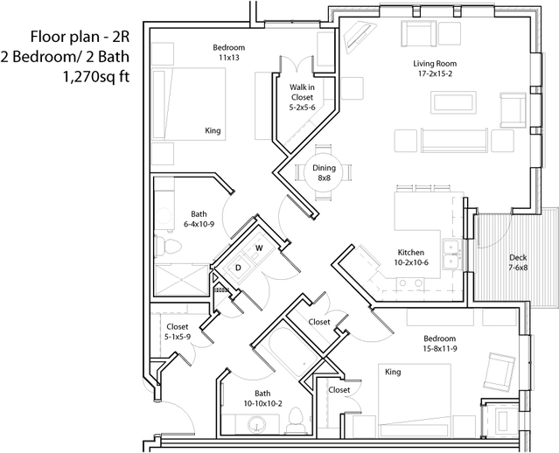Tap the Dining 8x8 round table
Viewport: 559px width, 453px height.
(x=324, y=172)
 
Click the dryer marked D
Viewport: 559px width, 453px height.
(x=238, y=268)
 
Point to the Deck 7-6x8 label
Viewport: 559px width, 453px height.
(x=518, y=262)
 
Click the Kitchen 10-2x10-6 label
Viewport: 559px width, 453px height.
(x=411, y=257)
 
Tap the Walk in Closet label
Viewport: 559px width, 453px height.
(x=302, y=97)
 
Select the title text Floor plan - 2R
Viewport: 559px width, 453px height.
(x=80, y=37)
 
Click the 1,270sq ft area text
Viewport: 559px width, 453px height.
(x=96, y=77)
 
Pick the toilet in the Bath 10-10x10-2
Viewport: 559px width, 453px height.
(x=297, y=421)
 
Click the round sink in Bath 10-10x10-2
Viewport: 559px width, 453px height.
(x=256, y=425)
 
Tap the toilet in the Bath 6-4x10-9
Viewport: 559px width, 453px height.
(x=168, y=246)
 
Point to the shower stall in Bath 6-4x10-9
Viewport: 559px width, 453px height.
(x=181, y=280)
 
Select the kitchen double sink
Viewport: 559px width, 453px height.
(x=451, y=254)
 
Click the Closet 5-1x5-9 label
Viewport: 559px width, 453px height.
(x=178, y=331)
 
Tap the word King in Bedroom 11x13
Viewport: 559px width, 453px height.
(x=213, y=131)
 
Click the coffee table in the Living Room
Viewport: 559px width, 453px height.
(x=453, y=102)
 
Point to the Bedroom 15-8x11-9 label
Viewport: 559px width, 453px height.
(x=440, y=343)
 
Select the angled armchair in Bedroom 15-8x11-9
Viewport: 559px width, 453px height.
(x=500, y=372)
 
